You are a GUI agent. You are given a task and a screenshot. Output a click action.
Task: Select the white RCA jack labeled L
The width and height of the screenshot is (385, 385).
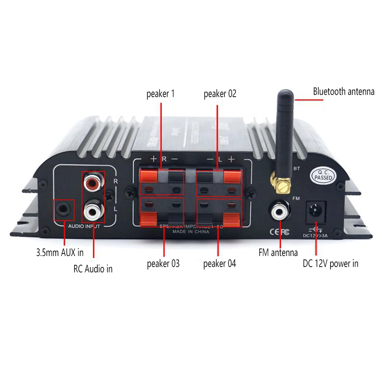(x=92, y=210)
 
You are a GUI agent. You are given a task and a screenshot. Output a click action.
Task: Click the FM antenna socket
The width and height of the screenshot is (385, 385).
(x=278, y=211)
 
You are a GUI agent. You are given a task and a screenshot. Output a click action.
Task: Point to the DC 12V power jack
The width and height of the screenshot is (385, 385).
(x=316, y=210)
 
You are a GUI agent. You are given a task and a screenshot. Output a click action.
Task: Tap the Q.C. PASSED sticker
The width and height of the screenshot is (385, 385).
(x=324, y=174)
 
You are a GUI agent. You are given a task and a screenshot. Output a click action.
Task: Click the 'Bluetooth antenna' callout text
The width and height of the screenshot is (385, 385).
(x=343, y=91)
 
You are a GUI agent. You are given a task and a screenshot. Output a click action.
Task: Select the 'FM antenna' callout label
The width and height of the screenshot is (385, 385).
(x=277, y=252)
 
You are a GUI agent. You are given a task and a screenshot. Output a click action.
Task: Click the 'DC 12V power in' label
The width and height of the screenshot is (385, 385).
(x=330, y=263)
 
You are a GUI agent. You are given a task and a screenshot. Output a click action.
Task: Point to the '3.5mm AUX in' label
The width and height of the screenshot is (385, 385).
(x=60, y=252)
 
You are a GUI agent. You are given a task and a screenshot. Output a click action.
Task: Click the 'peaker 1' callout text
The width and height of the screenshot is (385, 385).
(x=160, y=94)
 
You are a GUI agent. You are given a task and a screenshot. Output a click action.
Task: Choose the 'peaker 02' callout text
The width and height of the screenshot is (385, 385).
(x=220, y=94)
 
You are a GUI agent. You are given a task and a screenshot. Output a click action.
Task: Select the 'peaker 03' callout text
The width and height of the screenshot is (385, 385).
(x=163, y=263)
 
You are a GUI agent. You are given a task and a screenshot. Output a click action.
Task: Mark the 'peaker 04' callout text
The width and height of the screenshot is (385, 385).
(x=220, y=263)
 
